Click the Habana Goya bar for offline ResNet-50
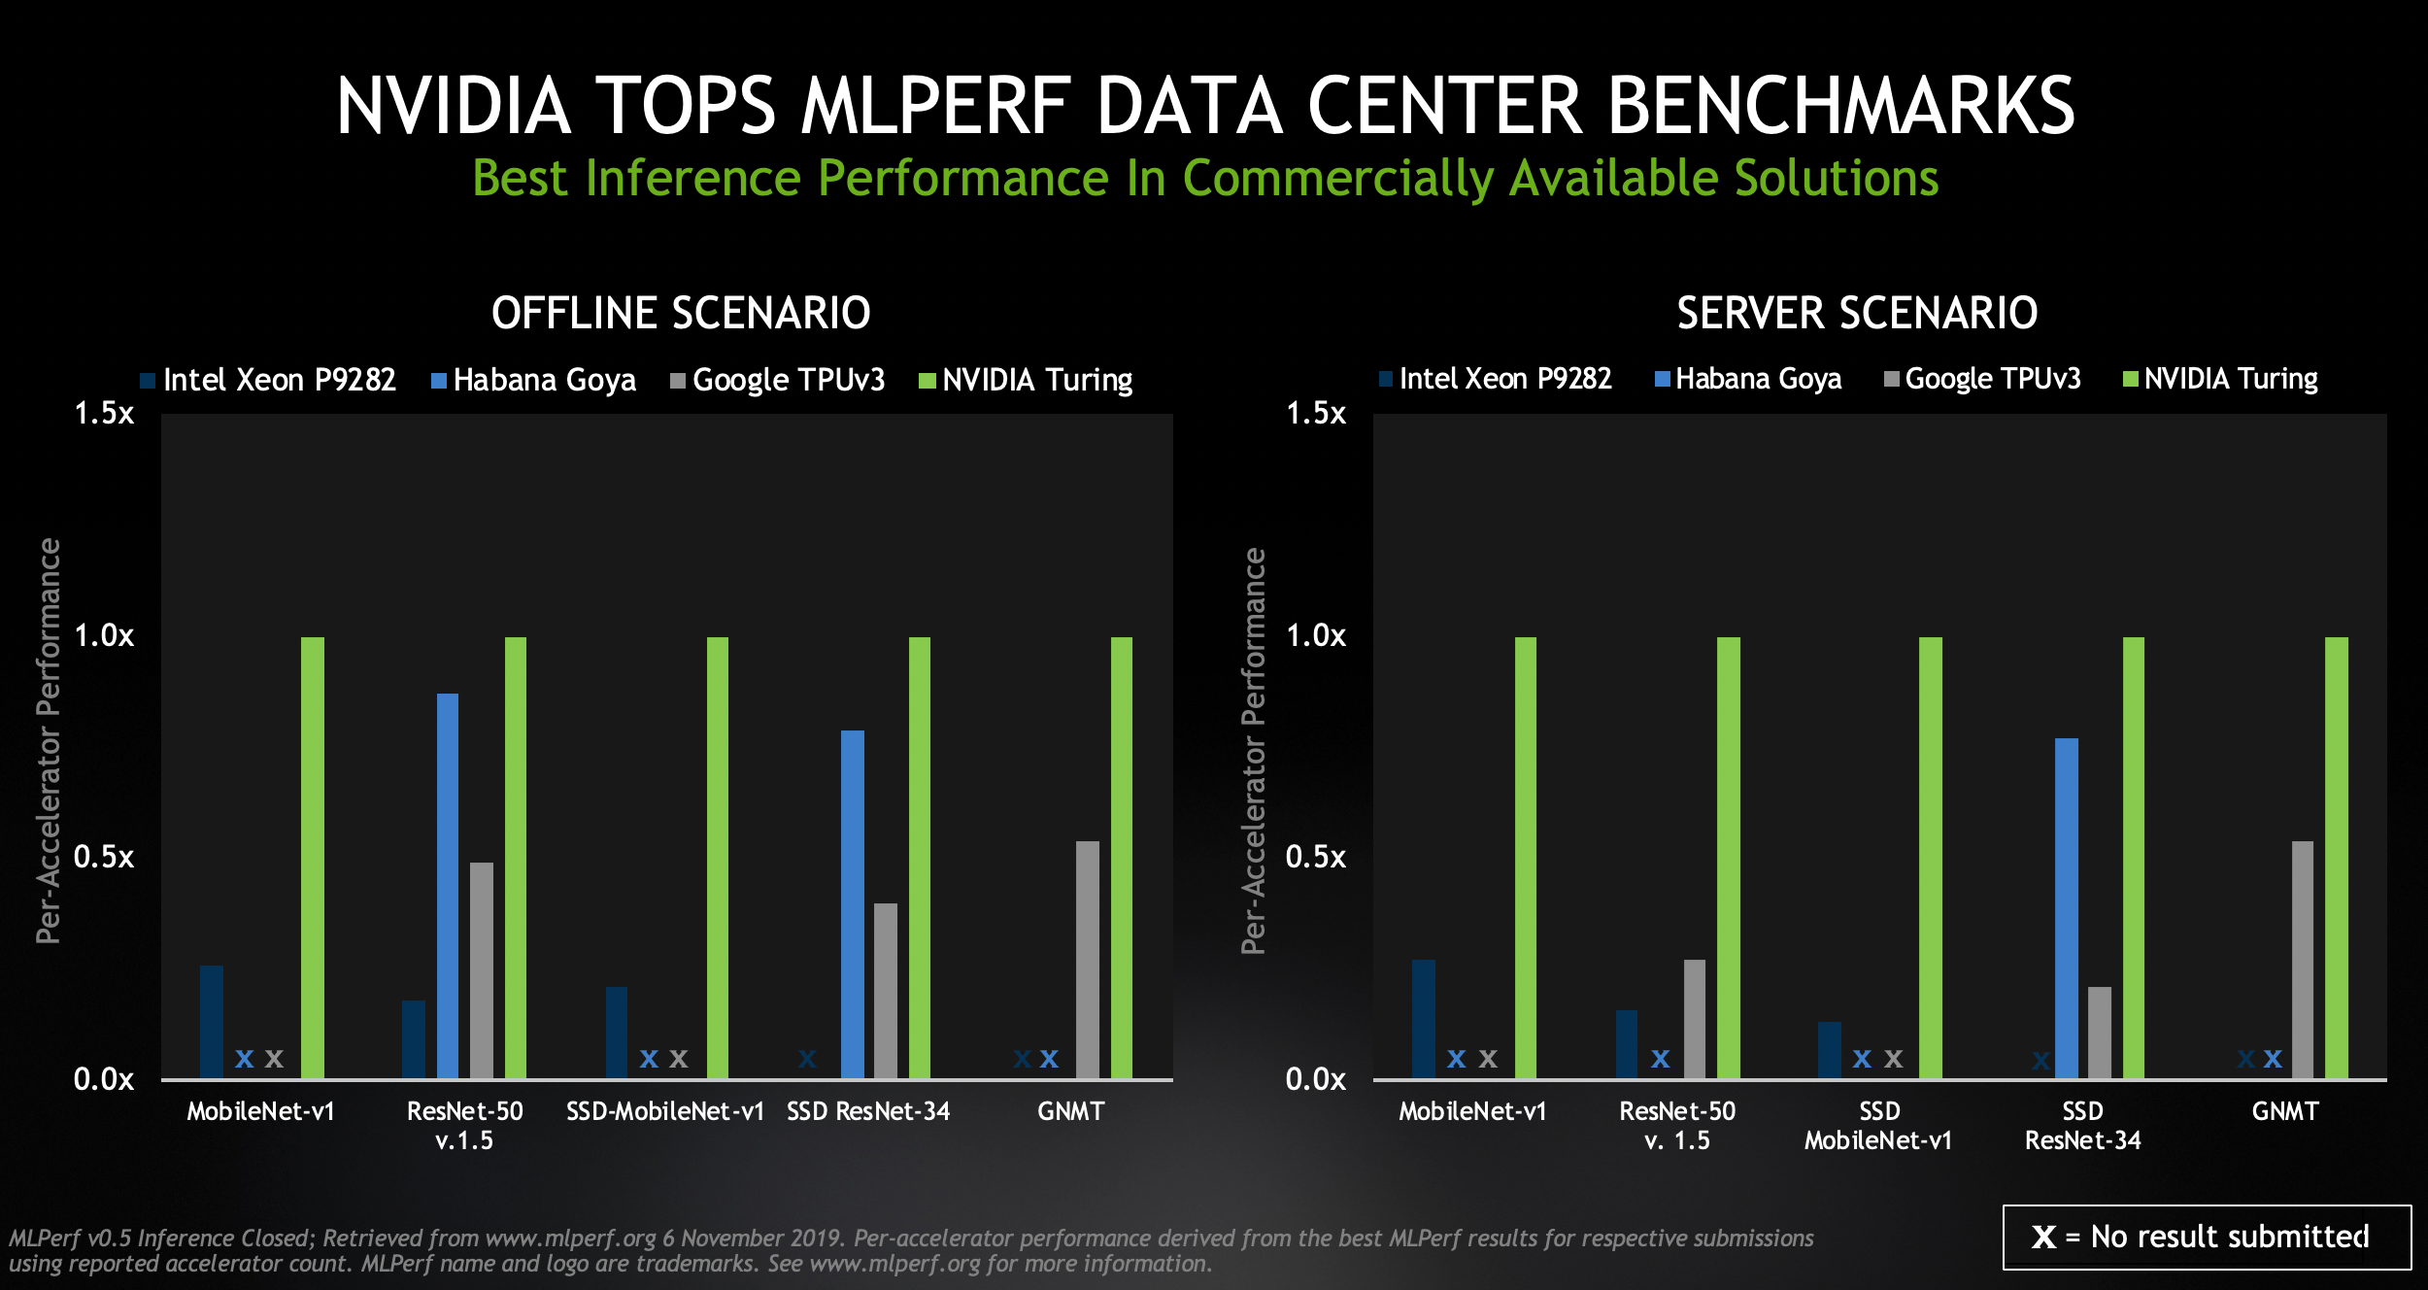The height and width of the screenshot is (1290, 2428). pos(448,885)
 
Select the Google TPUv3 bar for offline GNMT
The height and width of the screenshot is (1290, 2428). pos(1088,959)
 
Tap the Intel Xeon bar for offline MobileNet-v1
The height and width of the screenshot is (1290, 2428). pos(212,1021)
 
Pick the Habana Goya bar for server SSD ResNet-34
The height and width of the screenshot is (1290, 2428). pos(2067,907)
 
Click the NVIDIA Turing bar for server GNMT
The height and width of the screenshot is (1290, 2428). pos(2337,857)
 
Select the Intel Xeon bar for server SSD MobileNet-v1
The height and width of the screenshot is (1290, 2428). pos(1830,1049)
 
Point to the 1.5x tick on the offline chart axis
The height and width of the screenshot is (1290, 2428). pos(104,414)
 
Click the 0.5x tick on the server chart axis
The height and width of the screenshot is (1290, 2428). pos(1316,857)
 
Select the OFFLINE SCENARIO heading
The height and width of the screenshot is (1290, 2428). pos(681,313)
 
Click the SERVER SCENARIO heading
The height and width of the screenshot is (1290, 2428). pos(1857,313)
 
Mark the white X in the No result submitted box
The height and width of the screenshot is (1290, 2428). pos(2043,1237)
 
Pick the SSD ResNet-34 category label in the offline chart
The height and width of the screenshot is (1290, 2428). pos(868,1111)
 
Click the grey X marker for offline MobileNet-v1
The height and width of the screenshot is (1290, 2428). pos(275,1059)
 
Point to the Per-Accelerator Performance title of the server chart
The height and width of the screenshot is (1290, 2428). pos(1254,750)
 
